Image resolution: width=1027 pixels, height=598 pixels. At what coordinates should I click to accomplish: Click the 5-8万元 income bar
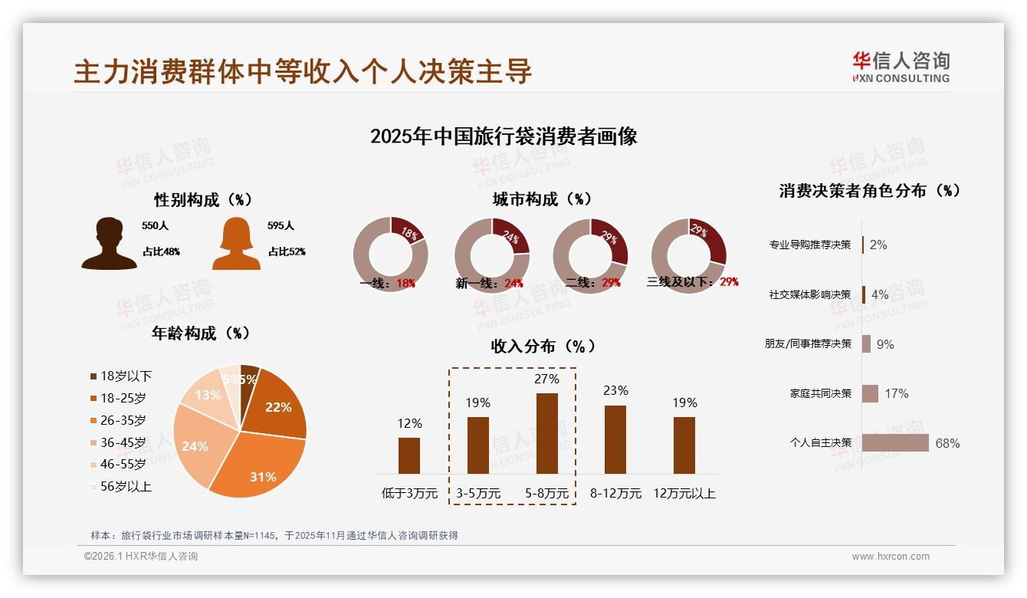546,433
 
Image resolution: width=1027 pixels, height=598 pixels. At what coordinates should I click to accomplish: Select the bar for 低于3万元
409,455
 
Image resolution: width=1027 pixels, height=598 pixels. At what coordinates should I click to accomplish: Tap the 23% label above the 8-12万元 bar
615,390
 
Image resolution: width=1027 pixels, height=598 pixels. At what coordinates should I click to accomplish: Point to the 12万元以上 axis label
684,493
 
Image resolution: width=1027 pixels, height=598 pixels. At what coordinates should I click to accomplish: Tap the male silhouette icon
109,244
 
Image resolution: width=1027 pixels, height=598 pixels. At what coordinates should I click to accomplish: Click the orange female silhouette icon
236,244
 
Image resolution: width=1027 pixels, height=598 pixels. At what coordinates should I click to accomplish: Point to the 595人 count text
281,226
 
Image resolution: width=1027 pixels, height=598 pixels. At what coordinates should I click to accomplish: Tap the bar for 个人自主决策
895,443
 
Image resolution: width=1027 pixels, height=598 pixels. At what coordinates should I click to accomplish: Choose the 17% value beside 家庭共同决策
896,393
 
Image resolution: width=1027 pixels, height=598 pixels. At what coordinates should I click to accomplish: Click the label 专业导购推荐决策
810,245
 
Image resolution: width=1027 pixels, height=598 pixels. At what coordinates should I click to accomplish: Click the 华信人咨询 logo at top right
901,67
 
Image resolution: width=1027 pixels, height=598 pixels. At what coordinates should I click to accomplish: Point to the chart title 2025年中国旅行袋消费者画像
504,136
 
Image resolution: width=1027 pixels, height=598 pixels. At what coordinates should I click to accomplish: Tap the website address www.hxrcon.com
891,557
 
